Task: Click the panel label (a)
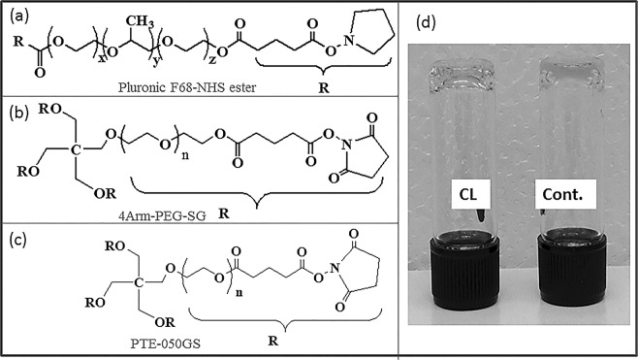coord(16,15)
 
